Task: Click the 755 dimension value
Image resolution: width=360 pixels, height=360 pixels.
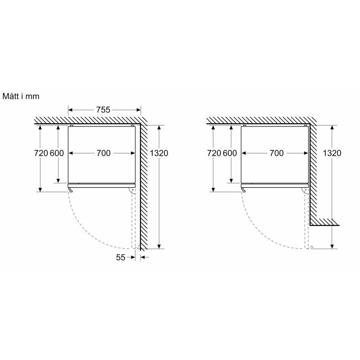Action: [x=103, y=110]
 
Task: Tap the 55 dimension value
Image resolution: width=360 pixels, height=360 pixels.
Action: [x=121, y=257]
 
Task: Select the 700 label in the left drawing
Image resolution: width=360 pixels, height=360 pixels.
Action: [x=103, y=153]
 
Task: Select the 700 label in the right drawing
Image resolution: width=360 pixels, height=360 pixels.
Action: [x=276, y=153]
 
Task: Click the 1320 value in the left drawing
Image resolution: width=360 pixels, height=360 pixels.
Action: [x=159, y=153]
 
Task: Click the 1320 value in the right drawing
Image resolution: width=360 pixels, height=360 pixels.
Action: [x=332, y=153]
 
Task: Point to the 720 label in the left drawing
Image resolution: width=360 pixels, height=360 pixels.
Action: [x=41, y=153]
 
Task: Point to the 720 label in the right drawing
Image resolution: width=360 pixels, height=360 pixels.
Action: [x=214, y=153]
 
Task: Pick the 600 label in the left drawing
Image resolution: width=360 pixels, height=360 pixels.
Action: [x=57, y=153]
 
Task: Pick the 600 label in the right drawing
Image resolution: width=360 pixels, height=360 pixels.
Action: [x=230, y=153]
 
